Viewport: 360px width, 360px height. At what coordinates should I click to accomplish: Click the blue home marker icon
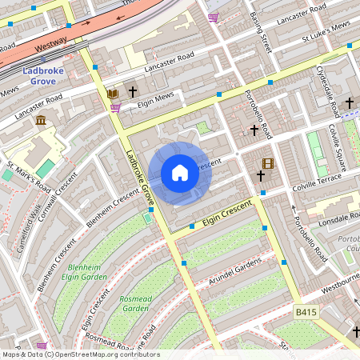(x=180, y=173)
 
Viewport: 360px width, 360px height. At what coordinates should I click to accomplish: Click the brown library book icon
(x=113, y=94)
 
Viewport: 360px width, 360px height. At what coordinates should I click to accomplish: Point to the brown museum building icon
(x=40, y=120)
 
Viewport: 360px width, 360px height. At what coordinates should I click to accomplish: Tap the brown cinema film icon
(x=267, y=163)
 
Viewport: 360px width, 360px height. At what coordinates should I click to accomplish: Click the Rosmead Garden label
(x=136, y=303)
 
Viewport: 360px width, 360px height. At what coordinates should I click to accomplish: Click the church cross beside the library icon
(x=132, y=93)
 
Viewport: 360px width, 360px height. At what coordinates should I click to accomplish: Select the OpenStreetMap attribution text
(x=80, y=354)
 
